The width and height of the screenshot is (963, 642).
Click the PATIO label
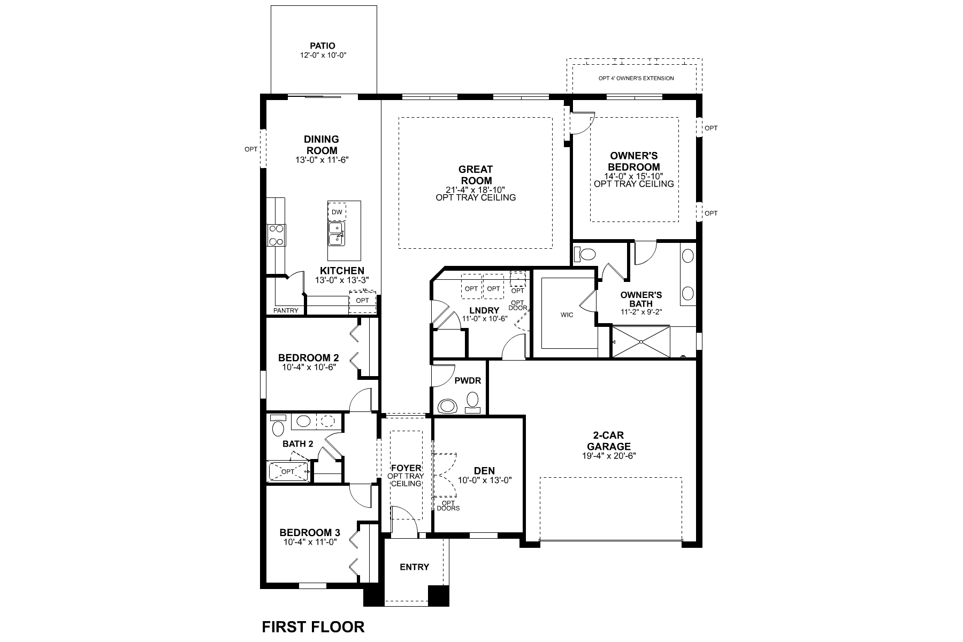pyautogui.click(x=323, y=46)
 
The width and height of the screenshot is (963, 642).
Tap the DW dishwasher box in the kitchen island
pyautogui.click(x=337, y=212)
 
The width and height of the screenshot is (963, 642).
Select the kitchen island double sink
pyautogui.click(x=337, y=234)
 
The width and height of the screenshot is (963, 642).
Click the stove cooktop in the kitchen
pyautogui.click(x=276, y=235)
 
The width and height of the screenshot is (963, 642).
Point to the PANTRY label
pyautogui.click(x=286, y=310)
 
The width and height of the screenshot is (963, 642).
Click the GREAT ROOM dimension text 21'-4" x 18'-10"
pyautogui.click(x=475, y=189)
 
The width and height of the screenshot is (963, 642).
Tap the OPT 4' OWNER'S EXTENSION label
pyautogui.click(x=636, y=78)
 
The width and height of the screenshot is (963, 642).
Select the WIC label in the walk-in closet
pyautogui.click(x=567, y=315)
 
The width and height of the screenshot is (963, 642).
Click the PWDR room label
pyautogui.click(x=468, y=381)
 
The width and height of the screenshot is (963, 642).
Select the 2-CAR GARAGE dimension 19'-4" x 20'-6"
pyautogui.click(x=609, y=456)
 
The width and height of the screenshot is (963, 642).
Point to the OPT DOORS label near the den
pyautogui.click(x=448, y=506)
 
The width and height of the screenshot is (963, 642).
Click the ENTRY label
pyautogui.click(x=414, y=567)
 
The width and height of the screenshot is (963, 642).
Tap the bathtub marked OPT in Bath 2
pyautogui.click(x=288, y=471)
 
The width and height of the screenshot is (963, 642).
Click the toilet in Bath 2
pyautogui.click(x=278, y=427)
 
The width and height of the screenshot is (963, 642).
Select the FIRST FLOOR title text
pyautogui.click(x=313, y=626)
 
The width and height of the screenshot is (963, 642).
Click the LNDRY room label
pyautogui.click(x=484, y=310)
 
